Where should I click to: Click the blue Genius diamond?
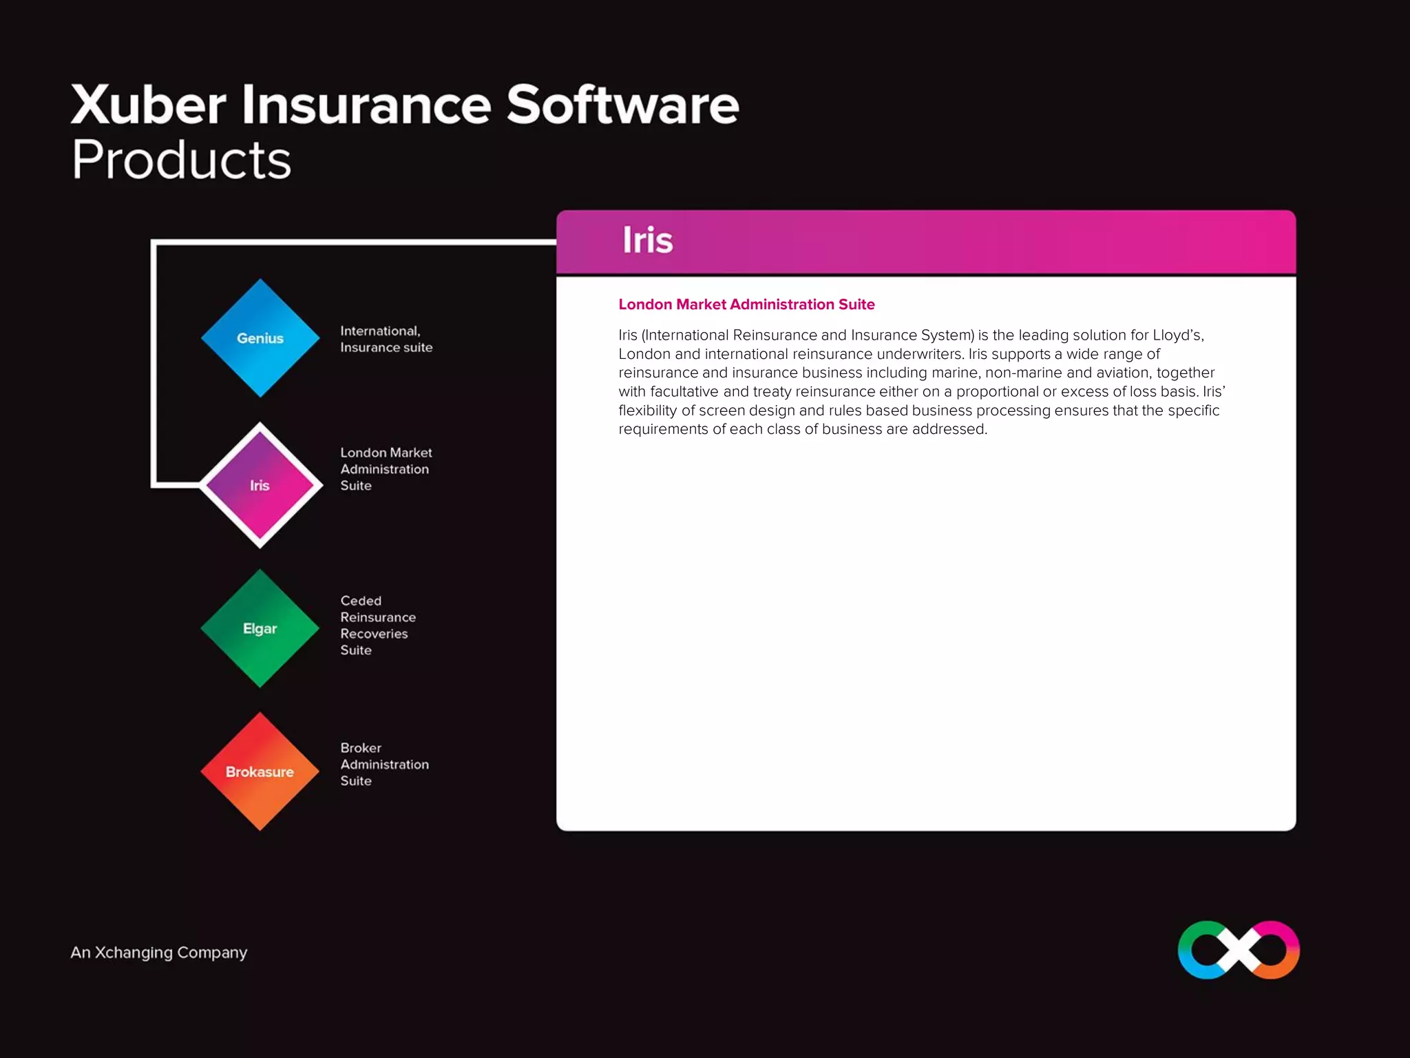(x=260, y=338)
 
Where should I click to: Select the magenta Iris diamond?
(x=260, y=486)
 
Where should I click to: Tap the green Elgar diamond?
(x=260, y=628)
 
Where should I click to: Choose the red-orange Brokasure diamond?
(x=260, y=771)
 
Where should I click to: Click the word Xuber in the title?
(x=148, y=105)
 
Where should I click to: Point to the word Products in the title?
(x=181, y=160)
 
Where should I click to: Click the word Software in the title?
(x=622, y=105)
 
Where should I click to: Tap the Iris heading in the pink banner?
(x=647, y=240)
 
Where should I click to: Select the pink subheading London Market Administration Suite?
(x=746, y=304)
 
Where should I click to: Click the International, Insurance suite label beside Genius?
(x=386, y=339)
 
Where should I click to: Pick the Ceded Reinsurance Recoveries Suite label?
(x=378, y=625)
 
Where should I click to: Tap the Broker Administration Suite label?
(x=384, y=765)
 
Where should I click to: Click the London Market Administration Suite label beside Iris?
(x=386, y=469)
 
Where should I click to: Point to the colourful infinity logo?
(x=1239, y=950)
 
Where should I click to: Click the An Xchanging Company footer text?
(x=158, y=953)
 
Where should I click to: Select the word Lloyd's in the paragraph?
(x=1178, y=335)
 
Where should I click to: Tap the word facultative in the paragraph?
(x=684, y=392)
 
